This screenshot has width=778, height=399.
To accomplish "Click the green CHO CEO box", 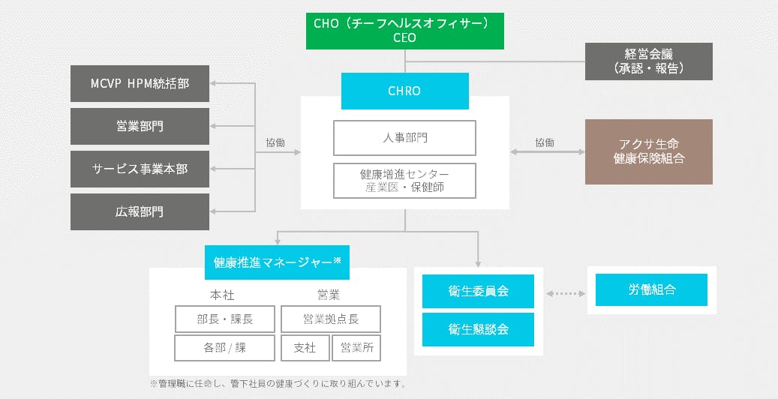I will point(404,31).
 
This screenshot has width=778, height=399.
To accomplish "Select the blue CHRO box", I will point(404,91).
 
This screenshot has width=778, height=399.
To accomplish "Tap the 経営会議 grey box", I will point(648,61).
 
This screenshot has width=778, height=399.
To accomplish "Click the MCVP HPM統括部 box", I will point(140,83).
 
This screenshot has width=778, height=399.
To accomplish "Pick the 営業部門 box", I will point(140,126).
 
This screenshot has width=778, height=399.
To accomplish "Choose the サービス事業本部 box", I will point(140,169).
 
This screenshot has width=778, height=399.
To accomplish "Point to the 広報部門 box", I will point(140,211).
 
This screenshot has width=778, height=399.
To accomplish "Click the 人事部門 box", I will point(404,138).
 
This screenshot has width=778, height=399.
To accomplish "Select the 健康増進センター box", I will point(404,181).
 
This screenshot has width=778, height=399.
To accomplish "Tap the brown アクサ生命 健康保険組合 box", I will point(648,151).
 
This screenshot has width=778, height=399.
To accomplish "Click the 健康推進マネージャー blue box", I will point(277,262).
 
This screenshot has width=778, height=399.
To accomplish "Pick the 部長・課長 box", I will point(225,319).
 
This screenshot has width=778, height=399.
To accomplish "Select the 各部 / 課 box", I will point(225,348).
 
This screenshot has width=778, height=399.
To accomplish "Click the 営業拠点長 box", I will point(330,319).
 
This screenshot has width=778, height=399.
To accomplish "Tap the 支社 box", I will point(305,348).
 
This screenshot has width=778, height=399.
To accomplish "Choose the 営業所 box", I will point(356,348).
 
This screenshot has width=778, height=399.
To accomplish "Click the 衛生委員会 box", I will point(478,291).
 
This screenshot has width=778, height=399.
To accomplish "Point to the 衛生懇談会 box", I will point(478,329).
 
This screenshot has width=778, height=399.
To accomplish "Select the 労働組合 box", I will point(651,289).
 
